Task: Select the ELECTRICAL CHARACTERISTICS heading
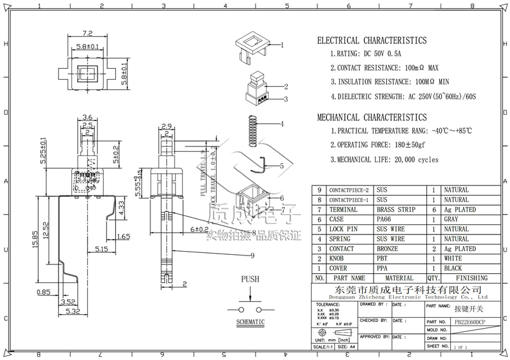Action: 372,41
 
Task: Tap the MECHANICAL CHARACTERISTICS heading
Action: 372,117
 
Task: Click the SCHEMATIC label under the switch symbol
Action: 250,322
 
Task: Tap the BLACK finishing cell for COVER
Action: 453,269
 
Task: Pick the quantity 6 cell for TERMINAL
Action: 433,210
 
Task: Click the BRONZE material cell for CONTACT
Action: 388,249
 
